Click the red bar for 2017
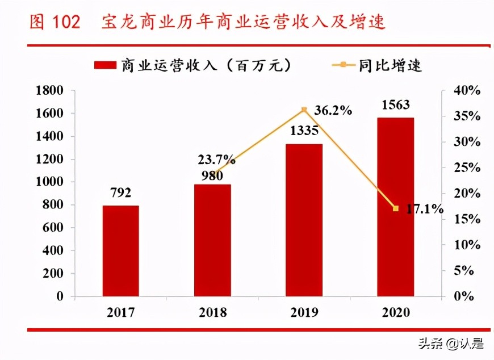tap(120, 250)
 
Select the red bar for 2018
tap(212, 240)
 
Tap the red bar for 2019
tap(304, 220)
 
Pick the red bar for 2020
tap(395, 207)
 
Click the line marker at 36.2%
tap(304, 109)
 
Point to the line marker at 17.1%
tap(396, 208)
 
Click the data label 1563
tap(395, 105)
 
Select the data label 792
tap(120, 193)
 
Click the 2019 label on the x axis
tap(304, 312)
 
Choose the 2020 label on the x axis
tap(395, 312)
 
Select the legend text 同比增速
tap(390, 65)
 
